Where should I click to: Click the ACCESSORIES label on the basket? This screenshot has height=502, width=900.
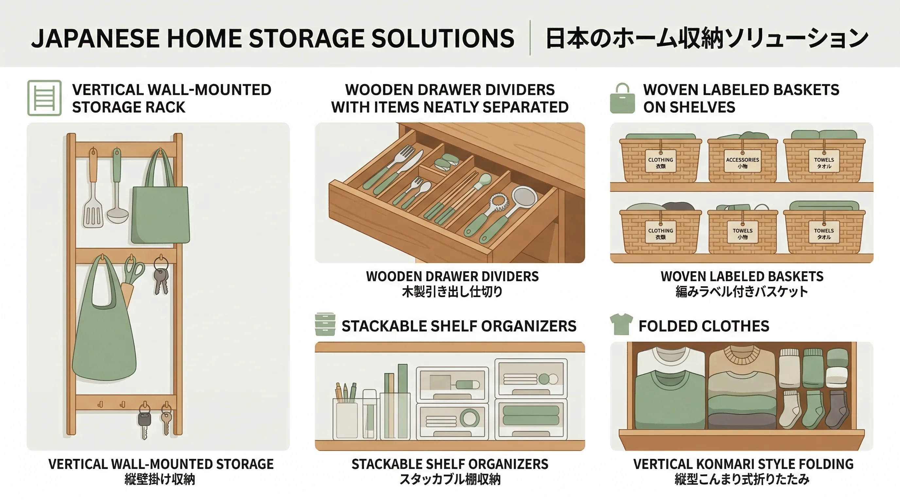(742, 162)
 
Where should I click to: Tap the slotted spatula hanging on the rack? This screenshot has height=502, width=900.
(93, 213)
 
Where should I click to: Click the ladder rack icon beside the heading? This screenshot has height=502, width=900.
(44, 98)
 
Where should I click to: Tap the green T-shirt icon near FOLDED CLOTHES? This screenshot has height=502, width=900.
(621, 324)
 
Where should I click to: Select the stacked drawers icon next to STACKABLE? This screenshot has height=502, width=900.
(325, 324)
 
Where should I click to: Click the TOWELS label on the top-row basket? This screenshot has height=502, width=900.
(824, 162)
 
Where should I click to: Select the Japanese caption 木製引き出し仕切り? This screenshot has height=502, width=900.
(452, 292)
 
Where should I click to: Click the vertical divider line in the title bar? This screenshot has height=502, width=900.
(530, 38)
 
